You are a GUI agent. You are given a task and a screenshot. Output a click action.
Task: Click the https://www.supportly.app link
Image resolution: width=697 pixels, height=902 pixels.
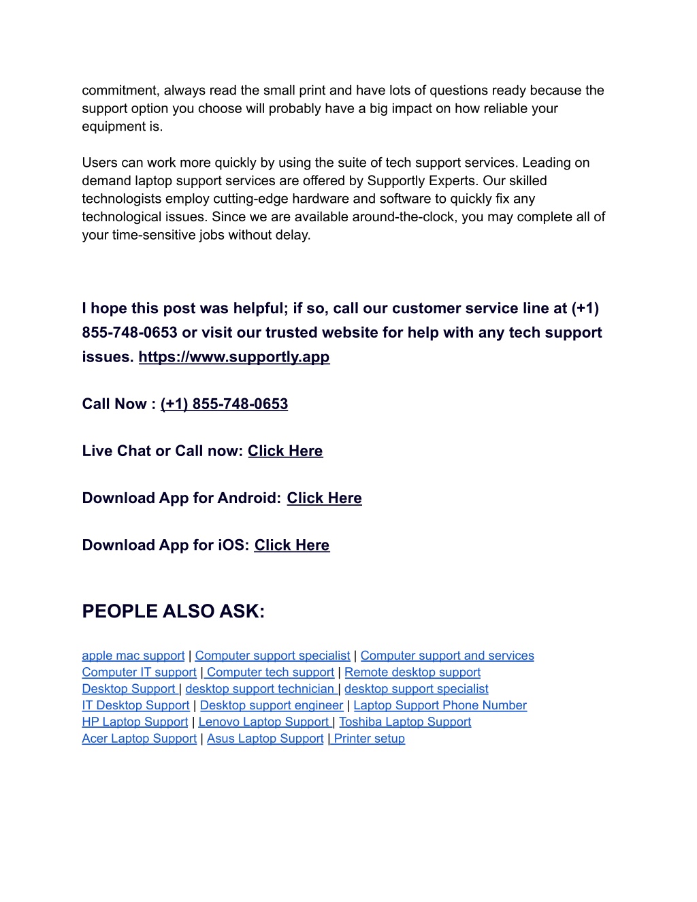click(x=234, y=357)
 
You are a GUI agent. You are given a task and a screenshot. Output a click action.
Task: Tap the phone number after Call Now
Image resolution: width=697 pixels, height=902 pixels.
click(x=224, y=404)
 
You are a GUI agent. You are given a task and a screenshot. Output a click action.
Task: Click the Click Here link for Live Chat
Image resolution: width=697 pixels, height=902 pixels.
click(x=285, y=451)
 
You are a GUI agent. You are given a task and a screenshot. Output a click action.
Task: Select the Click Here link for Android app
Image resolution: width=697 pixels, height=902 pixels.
click(x=324, y=498)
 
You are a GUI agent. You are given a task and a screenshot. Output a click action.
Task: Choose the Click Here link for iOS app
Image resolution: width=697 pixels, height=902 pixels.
click(x=291, y=545)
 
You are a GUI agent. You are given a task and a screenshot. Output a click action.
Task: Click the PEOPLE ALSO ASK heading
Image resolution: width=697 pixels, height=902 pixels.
click(x=173, y=611)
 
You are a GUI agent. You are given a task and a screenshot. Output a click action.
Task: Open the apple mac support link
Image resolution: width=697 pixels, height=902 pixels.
click(x=133, y=656)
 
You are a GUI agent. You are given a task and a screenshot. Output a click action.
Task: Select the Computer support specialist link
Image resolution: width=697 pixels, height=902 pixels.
click(x=272, y=656)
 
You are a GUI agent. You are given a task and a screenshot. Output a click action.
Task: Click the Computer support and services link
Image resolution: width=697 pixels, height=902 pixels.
click(x=447, y=656)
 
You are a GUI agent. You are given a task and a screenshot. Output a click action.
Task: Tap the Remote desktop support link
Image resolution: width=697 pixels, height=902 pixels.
click(x=412, y=672)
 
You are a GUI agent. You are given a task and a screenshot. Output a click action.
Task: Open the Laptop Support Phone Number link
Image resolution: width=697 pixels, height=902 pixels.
click(x=440, y=705)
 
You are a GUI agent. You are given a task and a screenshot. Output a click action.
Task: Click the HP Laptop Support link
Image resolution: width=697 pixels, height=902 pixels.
click(x=135, y=722)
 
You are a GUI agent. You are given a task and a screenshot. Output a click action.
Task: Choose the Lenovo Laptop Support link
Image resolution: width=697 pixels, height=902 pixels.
click(x=263, y=722)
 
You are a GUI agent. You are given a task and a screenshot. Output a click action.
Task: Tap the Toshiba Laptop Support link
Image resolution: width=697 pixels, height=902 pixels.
click(x=405, y=722)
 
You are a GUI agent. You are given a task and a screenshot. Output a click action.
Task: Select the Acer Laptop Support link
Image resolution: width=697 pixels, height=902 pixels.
click(x=139, y=739)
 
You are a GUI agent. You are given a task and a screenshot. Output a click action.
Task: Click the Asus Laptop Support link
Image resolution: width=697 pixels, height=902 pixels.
click(x=265, y=739)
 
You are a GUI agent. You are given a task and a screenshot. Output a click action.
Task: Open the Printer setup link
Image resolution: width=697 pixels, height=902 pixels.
click(x=369, y=739)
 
